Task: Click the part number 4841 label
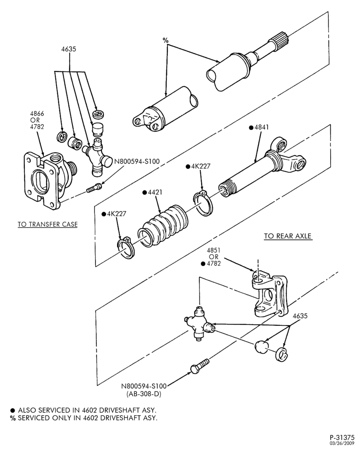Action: [x=262, y=127]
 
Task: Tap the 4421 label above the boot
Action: [x=155, y=192]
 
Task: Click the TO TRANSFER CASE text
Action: [x=47, y=224]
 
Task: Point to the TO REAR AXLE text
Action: [x=288, y=236]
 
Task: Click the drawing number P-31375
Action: [x=342, y=437]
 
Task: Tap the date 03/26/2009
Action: [x=342, y=443]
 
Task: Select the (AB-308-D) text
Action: [x=144, y=394]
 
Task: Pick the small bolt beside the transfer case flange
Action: [x=94, y=188]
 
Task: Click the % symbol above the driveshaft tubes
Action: [x=166, y=40]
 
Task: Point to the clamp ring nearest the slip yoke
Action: [x=203, y=203]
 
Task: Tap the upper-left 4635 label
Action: [x=69, y=49]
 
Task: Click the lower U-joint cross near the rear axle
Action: [x=199, y=324]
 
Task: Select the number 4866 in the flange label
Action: [x=37, y=113]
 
